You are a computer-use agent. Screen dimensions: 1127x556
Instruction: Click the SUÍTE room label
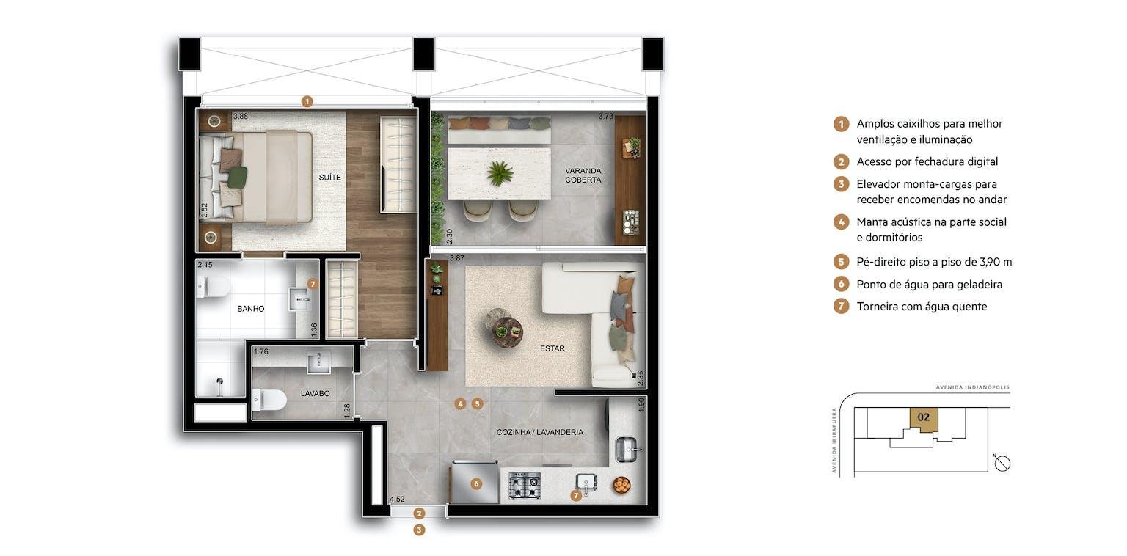329,177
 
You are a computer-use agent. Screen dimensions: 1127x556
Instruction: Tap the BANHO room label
250,309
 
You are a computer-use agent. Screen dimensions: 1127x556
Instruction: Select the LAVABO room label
315,393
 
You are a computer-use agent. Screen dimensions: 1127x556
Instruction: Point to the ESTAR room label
552,348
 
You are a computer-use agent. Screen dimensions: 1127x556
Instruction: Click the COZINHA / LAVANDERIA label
540,432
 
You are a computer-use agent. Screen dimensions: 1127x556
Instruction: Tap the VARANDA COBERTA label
583,175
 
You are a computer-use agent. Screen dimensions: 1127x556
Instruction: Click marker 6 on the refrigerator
476,484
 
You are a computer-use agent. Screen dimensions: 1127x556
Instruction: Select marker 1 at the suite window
307,102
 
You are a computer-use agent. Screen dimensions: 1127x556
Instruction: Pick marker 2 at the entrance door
419,513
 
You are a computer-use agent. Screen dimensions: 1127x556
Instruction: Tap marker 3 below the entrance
419,530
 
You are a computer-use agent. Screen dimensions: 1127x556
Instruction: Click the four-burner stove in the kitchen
525,485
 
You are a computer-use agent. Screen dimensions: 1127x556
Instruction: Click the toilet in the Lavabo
269,400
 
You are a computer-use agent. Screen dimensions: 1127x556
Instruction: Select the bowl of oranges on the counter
621,485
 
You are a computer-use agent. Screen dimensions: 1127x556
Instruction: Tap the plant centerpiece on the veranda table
500,173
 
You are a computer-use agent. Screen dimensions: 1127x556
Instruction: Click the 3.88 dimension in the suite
241,116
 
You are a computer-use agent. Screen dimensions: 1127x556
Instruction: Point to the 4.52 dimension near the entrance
397,499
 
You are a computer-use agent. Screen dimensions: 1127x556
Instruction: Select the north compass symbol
1002,464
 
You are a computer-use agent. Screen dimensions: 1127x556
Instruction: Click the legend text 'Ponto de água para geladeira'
930,285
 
